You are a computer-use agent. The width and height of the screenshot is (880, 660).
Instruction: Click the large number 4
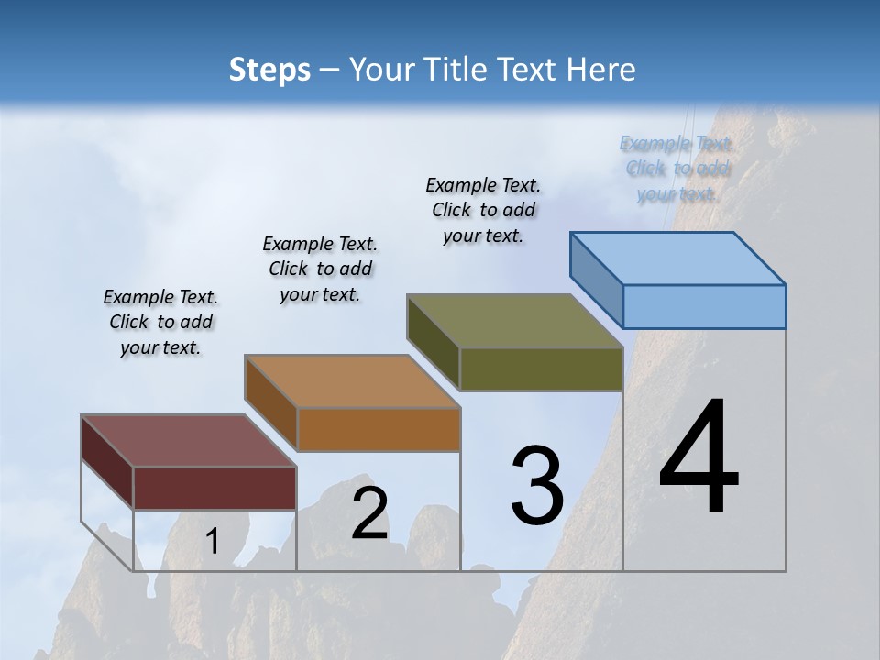click(698, 458)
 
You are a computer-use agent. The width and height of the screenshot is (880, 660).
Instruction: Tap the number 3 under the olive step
click(536, 487)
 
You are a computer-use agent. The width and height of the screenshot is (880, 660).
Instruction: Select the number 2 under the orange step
click(369, 513)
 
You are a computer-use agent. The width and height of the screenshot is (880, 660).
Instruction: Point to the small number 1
click(212, 542)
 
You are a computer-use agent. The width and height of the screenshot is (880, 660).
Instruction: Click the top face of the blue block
click(678, 258)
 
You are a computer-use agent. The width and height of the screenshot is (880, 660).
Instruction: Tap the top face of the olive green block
click(515, 321)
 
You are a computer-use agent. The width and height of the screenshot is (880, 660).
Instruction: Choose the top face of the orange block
click(352, 381)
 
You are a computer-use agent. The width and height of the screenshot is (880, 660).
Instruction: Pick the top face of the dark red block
click(189, 441)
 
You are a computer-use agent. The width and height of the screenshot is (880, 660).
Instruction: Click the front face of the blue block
click(704, 306)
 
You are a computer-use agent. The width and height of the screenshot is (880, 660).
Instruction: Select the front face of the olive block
click(541, 368)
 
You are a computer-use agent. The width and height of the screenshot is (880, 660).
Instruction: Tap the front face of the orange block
click(379, 429)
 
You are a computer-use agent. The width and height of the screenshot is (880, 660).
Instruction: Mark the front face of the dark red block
click(215, 488)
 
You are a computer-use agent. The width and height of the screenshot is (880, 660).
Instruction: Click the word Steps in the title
click(269, 70)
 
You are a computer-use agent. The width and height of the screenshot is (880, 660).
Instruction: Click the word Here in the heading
click(600, 70)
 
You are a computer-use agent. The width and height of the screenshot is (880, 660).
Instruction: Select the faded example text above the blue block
click(676, 169)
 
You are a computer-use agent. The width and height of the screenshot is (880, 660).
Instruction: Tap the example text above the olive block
click(483, 210)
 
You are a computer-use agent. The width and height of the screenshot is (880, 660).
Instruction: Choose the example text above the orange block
click(320, 269)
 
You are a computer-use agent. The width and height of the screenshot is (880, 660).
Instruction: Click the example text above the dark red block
click(160, 322)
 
